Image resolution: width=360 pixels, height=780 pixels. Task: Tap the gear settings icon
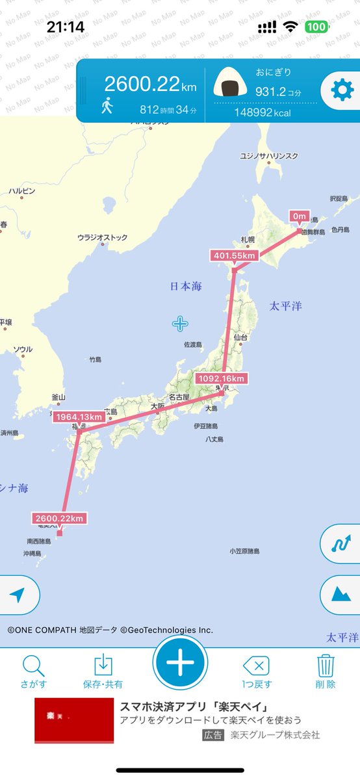click(342, 90)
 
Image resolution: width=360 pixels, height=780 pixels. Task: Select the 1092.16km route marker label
click(221, 378)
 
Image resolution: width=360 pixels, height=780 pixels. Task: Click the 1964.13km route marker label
click(79, 417)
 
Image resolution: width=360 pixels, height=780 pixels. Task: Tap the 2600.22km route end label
click(58, 518)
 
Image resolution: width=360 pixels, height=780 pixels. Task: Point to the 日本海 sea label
click(186, 287)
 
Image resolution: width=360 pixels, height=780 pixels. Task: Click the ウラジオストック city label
click(103, 238)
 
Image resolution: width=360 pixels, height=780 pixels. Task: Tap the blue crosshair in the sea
click(180, 324)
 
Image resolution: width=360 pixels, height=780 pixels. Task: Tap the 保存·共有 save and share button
click(103, 671)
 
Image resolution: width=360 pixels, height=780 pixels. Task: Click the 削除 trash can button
click(326, 671)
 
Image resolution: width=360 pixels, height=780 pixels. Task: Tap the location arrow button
click(18, 595)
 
